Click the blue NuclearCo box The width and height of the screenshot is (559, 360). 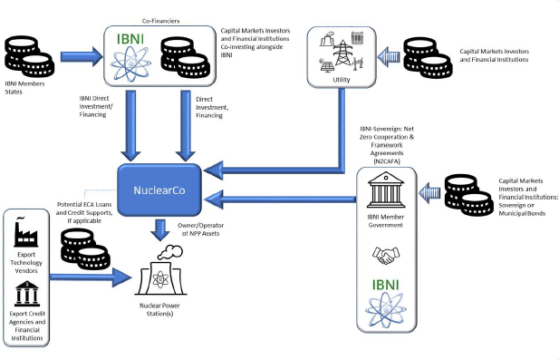(159, 190)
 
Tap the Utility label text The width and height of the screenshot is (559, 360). (342, 80)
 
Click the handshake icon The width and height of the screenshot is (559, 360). (386, 255)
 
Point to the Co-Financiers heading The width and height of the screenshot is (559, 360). (160, 21)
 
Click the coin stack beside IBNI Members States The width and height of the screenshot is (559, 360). (30, 56)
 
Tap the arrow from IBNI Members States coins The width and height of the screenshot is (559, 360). (82, 56)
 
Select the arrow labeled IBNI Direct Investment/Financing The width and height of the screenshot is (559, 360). (130, 125)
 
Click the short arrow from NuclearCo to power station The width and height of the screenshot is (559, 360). (160, 230)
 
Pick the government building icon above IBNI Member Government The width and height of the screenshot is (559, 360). (386, 190)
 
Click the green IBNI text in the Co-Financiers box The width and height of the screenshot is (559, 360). (130, 39)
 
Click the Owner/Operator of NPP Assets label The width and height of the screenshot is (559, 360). (201, 229)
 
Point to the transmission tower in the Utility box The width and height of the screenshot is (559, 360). (342, 53)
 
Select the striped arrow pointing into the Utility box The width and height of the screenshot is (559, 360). (389, 57)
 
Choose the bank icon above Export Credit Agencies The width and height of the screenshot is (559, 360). (27, 294)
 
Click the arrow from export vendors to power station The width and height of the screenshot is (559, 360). (91, 277)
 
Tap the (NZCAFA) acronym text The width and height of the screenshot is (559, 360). (387, 161)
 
